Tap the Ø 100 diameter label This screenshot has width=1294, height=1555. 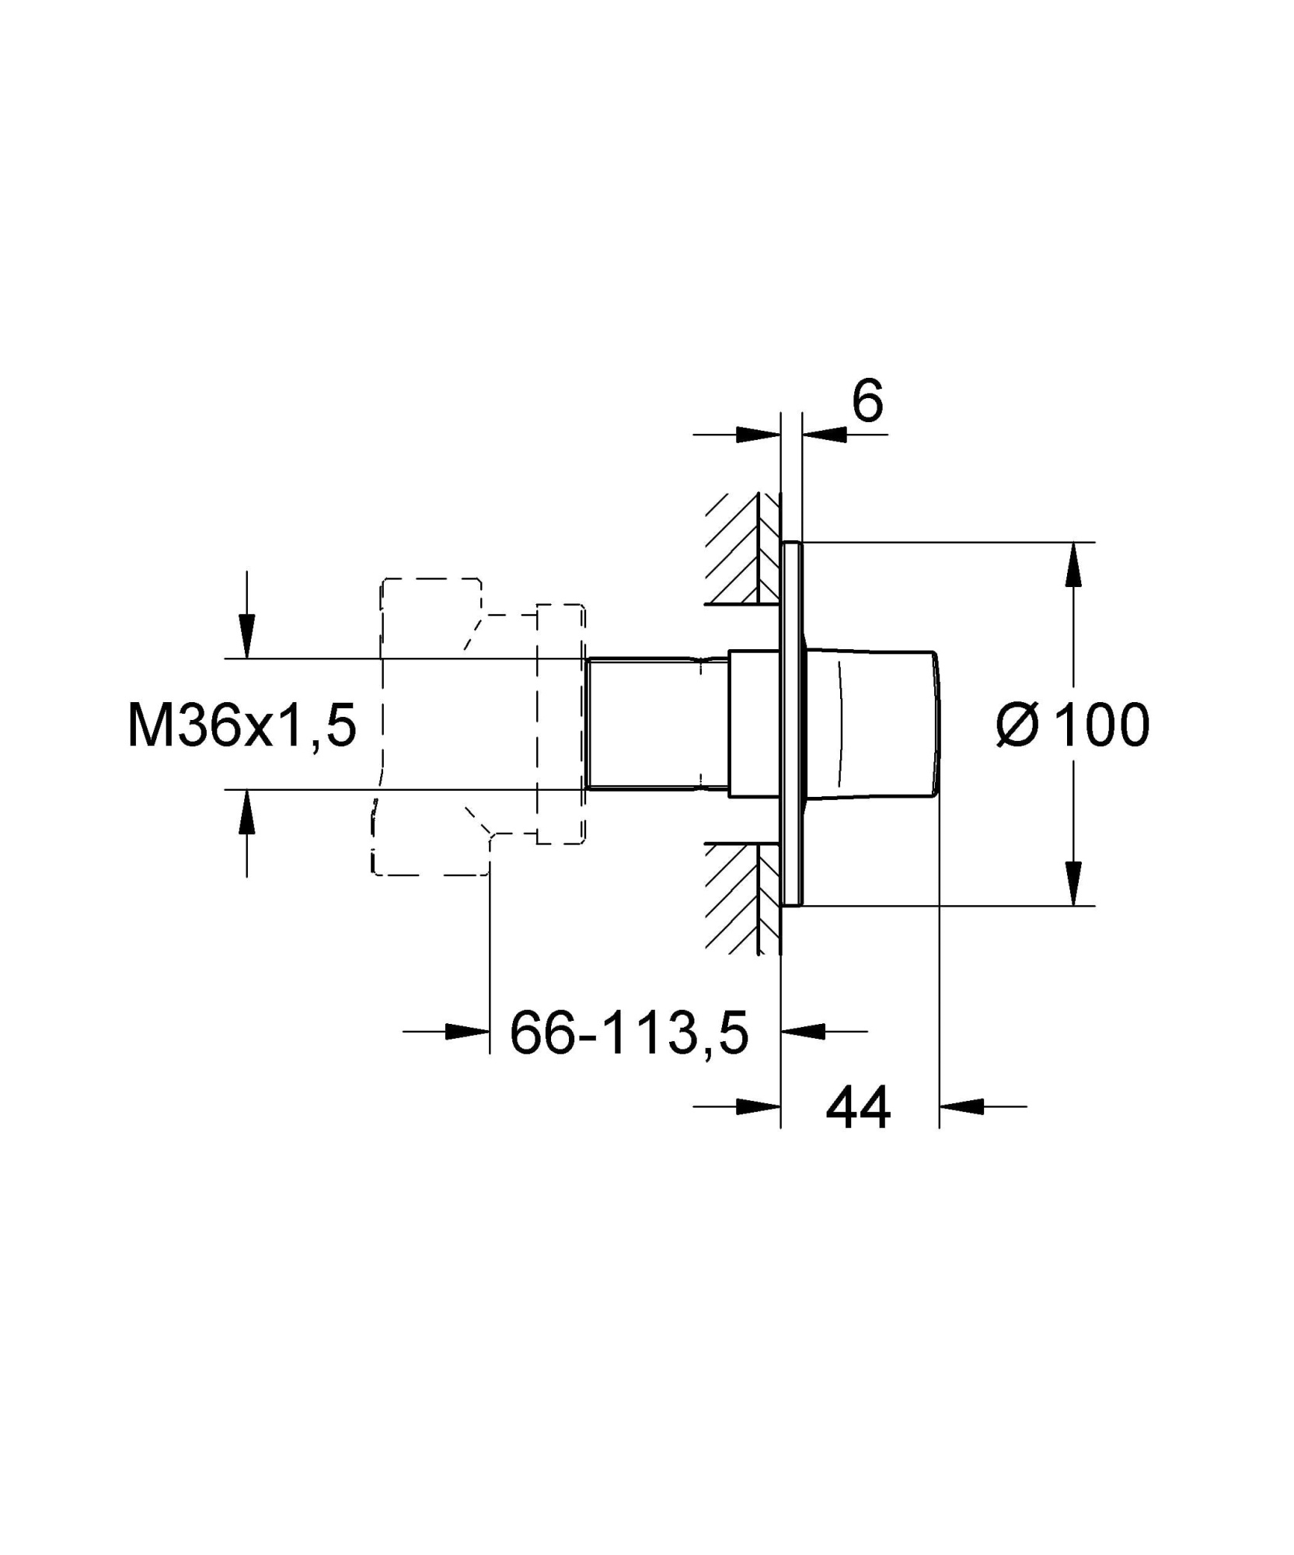click(1073, 725)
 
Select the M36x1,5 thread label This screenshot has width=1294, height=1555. click(242, 725)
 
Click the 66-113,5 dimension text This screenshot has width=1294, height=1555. click(629, 1033)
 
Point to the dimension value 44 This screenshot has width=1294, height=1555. click(858, 1109)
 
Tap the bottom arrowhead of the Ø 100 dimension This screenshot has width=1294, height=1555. click(1074, 883)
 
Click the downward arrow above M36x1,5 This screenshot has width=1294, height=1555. click(246, 636)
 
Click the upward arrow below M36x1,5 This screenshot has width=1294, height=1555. click(246, 812)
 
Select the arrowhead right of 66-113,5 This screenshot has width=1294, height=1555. click(803, 1032)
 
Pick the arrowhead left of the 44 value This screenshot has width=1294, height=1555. click(758, 1106)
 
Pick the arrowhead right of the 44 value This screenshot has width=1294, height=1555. click(962, 1106)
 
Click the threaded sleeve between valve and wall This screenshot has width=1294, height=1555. click(657, 724)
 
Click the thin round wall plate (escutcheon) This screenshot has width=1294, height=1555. click(792, 724)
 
